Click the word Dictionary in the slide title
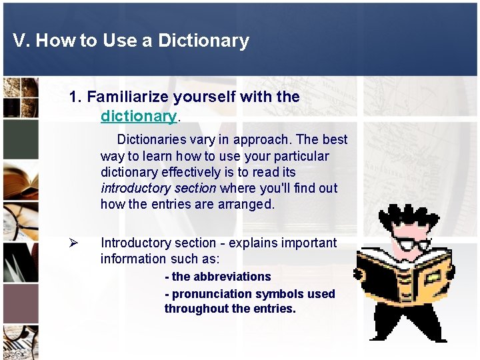[x=203, y=41]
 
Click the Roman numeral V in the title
[x=19, y=41]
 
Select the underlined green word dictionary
[x=139, y=117]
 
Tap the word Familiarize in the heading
[x=128, y=97]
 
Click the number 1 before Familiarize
[x=73, y=97]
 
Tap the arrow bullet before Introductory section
[x=75, y=243]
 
